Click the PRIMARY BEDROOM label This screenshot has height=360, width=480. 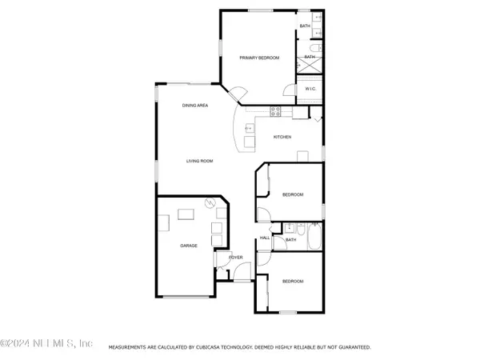[x=258, y=58]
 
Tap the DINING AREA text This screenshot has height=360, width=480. [x=195, y=106]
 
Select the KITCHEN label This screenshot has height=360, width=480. [x=282, y=138]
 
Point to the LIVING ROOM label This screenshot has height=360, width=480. [x=199, y=161]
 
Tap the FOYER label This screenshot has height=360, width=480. [x=236, y=258]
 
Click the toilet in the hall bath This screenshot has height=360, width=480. [x=278, y=239]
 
